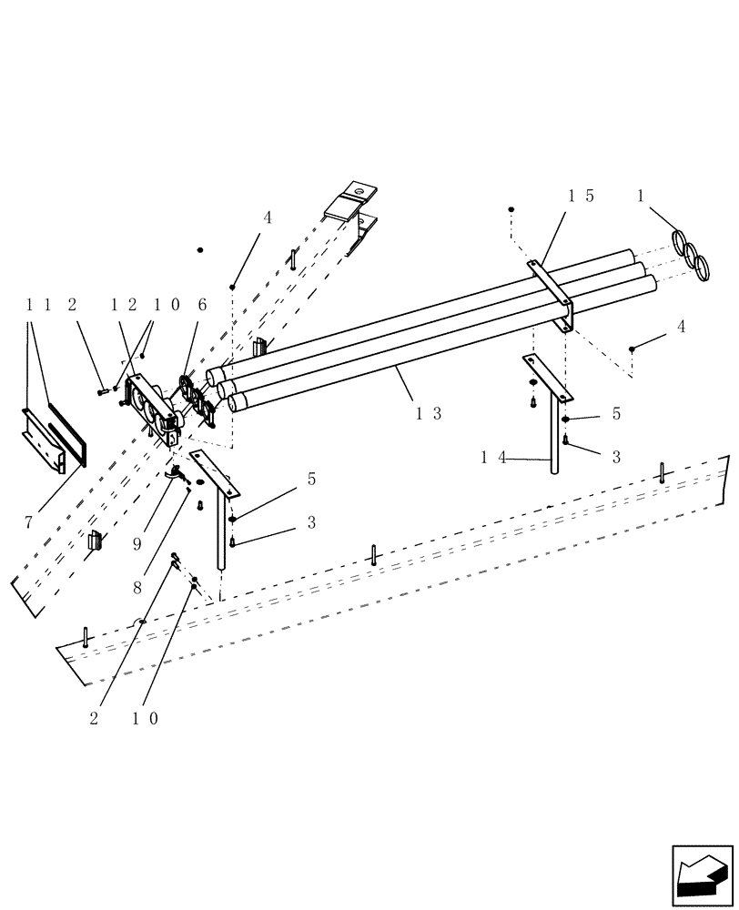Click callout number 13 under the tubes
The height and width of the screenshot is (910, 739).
(x=429, y=412)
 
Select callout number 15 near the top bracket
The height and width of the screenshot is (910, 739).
(x=582, y=196)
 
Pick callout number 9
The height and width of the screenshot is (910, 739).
(x=137, y=543)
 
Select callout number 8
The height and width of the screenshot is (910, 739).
(x=137, y=589)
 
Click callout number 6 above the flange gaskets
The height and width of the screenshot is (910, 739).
(x=203, y=305)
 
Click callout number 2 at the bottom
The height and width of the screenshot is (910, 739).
(x=94, y=718)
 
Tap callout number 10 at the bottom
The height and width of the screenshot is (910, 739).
(x=147, y=718)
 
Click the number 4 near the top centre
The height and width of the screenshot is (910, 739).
(x=268, y=218)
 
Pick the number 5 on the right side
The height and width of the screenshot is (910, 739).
(x=616, y=413)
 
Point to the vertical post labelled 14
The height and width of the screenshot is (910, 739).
(x=552, y=437)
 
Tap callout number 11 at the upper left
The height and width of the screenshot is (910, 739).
(x=37, y=305)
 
